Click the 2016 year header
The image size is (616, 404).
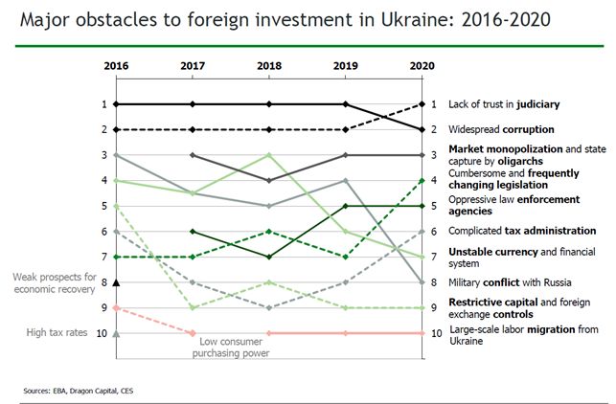tap(115, 66)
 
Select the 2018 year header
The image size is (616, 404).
tap(269, 66)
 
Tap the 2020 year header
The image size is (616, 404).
tap(422, 66)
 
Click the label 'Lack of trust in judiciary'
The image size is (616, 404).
tap(504, 103)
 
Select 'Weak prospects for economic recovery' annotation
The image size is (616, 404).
tap(54, 282)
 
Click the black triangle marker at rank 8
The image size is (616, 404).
tap(116, 281)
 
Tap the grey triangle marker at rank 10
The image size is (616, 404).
tap(116, 333)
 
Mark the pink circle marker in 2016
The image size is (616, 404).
tap(116, 307)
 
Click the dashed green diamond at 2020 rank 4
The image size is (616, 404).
tap(422, 180)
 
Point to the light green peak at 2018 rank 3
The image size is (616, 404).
tap(269, 154)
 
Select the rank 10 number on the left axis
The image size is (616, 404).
tap(101, 333)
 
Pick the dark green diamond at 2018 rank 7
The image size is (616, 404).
tap(269, 257)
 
